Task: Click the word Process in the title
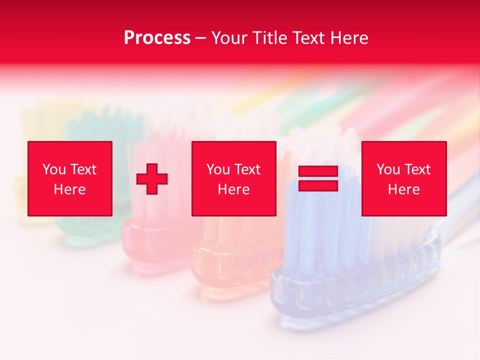(x=157, y=38)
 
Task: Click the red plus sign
(x=152, y=179)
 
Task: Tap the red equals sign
(x=318, y=179)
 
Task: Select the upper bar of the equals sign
(x=318, y=172)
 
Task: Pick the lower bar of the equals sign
(x=318, y=185)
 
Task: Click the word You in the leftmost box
(x=54, y=169)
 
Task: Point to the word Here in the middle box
(x=234, y=189)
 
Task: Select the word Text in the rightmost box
(x=417, y=169)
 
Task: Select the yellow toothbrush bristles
(x=45, y=120)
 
